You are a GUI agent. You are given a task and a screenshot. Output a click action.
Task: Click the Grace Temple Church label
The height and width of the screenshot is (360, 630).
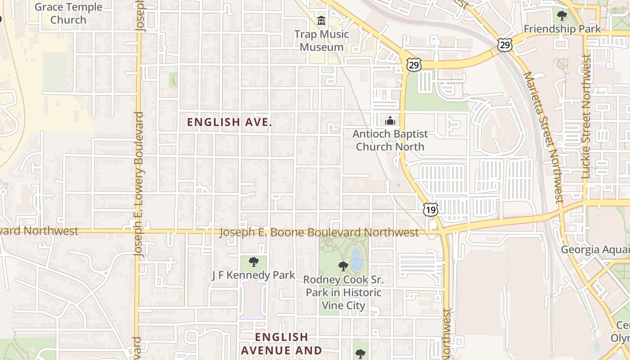click(x=68, y=13)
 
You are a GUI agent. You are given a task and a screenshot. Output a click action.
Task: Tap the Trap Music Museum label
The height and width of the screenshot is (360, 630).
click(x=321, y=40)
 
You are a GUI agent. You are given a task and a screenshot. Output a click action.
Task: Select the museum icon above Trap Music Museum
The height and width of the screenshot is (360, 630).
click(x=321, y=21)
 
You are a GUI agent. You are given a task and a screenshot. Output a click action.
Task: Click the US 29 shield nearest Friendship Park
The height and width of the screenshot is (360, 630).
click(x=504, y=44)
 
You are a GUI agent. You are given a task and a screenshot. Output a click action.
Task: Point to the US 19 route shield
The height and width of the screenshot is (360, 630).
click(x=431, y=210)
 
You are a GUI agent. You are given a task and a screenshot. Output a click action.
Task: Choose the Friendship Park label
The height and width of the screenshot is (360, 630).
click(x=562, y=29)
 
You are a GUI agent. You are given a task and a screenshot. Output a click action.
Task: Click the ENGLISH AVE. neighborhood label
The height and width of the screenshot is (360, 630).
click(x=229, y=122)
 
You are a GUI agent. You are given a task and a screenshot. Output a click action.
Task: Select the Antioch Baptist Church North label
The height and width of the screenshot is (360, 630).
click(x=390, y=140)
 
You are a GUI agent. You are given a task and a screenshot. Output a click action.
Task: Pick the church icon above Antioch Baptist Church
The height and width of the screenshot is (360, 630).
click(x=390, y=121)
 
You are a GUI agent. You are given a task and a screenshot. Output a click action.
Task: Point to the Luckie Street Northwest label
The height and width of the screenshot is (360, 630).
click(x=585, y=117)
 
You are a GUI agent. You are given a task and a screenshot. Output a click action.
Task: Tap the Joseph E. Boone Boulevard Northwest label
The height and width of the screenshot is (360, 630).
click(x=319, y=233)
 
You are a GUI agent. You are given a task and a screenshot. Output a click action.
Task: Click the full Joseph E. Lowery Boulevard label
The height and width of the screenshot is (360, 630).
click(x=139, y=184)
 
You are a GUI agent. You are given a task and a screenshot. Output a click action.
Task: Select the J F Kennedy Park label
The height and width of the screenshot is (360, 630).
click(x=253, y=275)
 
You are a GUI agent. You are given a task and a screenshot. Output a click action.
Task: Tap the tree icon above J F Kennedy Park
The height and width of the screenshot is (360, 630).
click(x=254, y=261)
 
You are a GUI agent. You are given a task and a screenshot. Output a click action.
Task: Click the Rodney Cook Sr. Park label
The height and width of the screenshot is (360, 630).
click(x=343, y=292)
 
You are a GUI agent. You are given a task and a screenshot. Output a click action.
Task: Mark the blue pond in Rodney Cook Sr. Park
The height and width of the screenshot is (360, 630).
click(x=356, y=261)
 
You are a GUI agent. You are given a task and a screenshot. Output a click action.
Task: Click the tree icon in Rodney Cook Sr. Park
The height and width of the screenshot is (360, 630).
click(x=343, y=266)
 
